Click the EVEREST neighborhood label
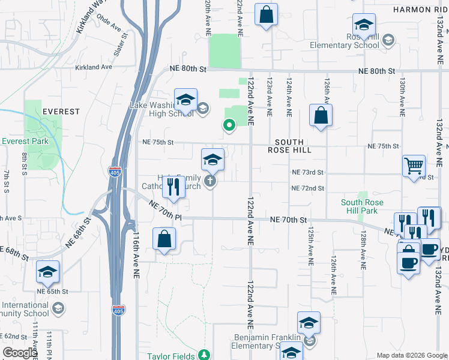[61, 112]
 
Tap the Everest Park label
[24, 142]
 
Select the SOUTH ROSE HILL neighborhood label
[294, 146]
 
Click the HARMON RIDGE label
[420, 10]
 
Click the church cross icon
[209, 181]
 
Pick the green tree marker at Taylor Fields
[205, 355]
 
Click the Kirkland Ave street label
[94, 67]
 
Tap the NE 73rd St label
[307, 172]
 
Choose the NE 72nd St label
[307, 188]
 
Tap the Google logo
[20, 353]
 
